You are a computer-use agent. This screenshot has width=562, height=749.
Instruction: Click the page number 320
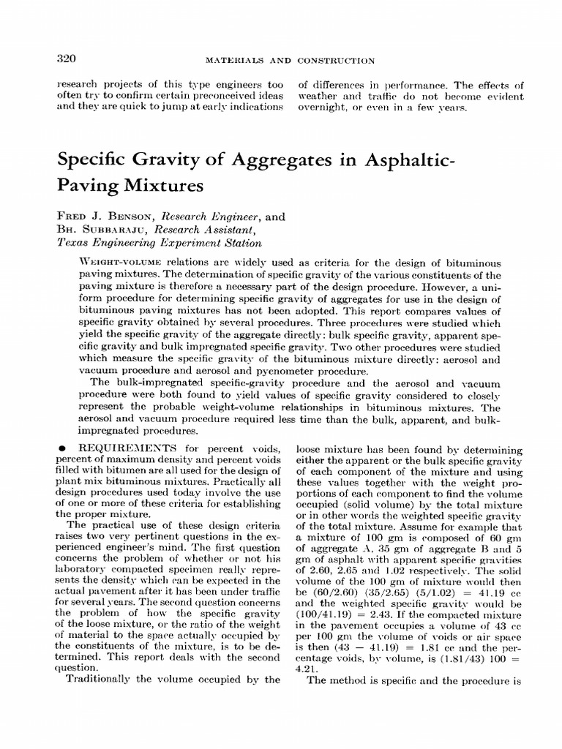pos(67,59)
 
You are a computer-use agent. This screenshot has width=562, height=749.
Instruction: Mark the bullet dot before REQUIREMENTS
pos(64,446)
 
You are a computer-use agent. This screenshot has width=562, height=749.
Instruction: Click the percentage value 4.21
pos(304,667)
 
